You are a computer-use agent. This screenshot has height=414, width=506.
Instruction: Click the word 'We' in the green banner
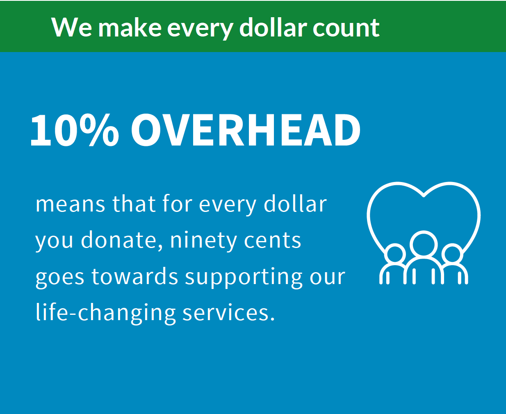(x=71, y=27)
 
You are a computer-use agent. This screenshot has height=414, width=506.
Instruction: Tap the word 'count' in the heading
(x=346, y=28)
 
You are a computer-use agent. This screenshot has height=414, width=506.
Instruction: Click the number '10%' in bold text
(x=74, y=130)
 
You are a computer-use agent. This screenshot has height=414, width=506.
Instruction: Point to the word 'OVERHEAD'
(x=246, y=130)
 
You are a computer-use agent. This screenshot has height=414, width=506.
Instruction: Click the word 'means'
(x=70, y=205)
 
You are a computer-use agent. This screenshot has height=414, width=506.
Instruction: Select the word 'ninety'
(x=203, y=241)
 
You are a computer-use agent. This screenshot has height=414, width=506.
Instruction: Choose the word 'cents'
(x=272, y=241)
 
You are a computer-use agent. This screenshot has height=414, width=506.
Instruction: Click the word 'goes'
(x=60, y=278)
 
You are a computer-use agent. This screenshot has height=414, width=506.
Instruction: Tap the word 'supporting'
(x=244, y=278)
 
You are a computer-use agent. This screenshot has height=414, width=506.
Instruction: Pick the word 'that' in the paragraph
(x=133, y=204)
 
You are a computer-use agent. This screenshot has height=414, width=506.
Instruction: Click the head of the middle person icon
(x=424, y=245)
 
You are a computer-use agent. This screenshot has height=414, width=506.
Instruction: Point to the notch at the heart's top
(x=424, y=195)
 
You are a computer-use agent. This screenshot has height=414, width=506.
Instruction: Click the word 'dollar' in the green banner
(x=273, y=27)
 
